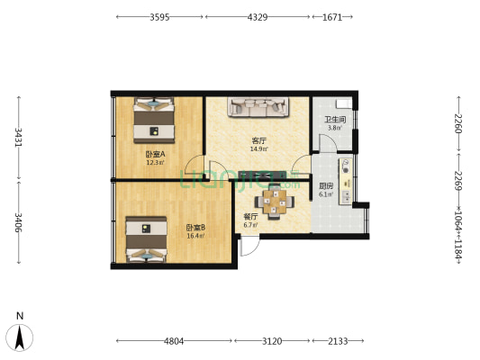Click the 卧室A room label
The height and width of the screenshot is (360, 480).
coord(155,154)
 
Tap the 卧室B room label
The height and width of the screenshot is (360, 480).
coord(195,227)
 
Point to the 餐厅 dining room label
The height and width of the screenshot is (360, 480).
coord(250,217)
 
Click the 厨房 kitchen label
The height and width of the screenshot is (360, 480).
coord(326,185)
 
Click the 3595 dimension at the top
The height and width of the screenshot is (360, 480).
coord(158,17)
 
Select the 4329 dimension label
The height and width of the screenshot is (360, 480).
coord(258,17)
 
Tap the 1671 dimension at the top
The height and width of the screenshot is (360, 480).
coord(332,17)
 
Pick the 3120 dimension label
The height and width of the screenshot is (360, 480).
coord(273,341)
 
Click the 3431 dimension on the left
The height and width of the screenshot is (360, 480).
coord(17,137)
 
